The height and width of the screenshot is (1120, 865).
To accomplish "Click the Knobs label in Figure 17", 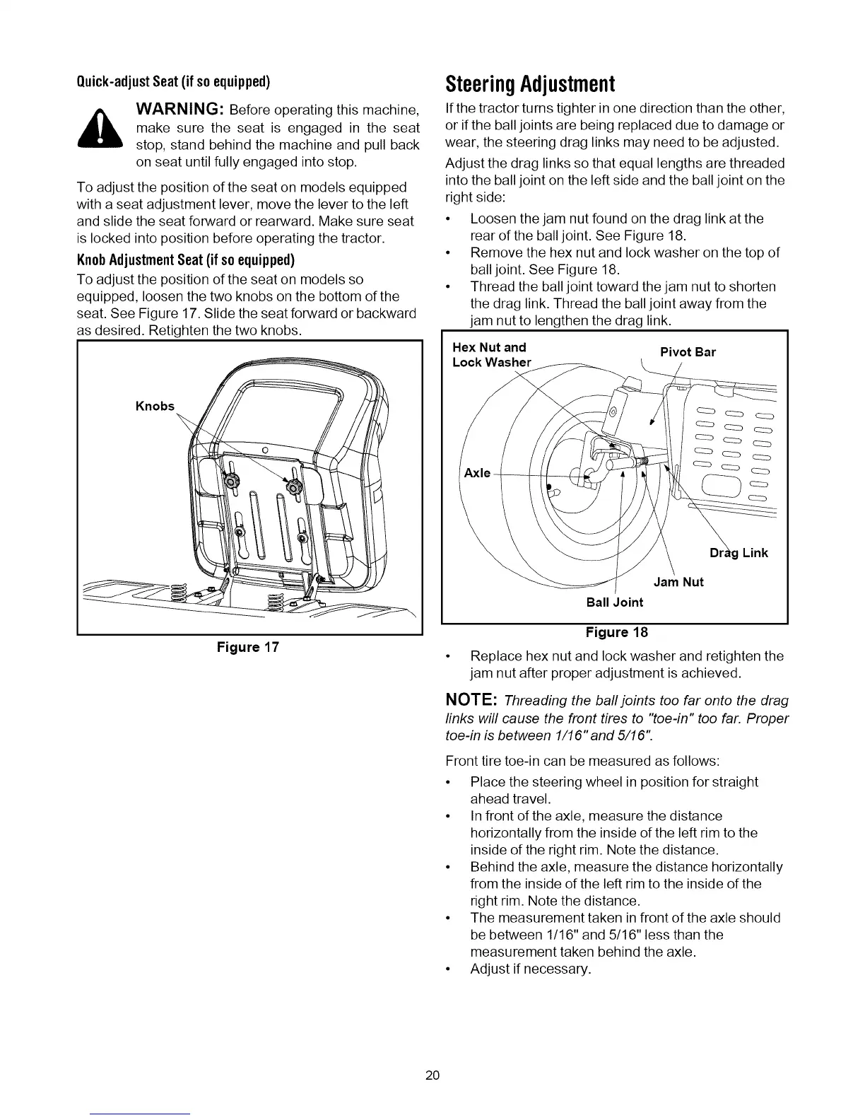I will (154, 406).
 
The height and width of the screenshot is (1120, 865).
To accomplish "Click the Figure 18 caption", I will (615, 631).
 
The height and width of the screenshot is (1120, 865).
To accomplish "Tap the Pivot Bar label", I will (687, 352).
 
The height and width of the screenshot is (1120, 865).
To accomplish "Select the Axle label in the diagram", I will (477, 472).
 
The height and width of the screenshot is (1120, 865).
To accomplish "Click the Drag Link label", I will (739, 552).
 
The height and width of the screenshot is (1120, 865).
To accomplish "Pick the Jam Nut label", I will (678, 582).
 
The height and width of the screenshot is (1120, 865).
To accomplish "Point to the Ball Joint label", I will (615, 602).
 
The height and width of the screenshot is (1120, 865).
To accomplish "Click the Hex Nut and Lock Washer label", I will (490, 355).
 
